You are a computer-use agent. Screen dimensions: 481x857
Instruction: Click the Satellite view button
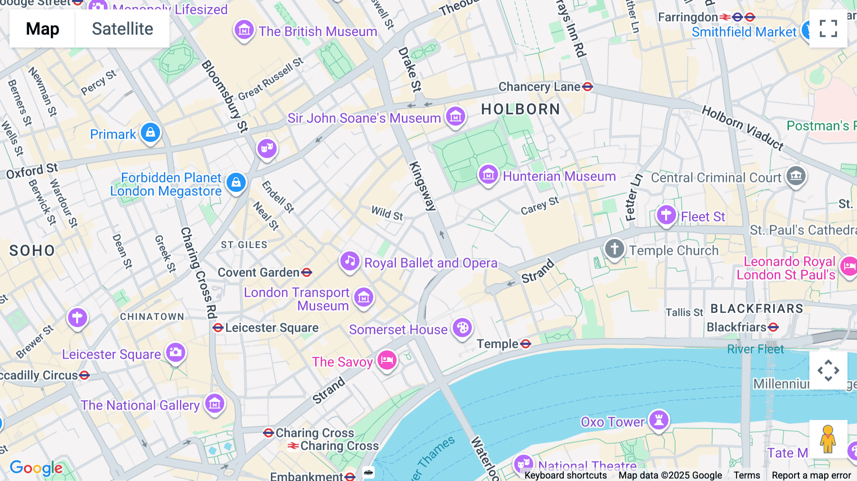click(122, 29)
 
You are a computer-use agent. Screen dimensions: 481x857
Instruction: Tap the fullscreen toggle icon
click(828, 29)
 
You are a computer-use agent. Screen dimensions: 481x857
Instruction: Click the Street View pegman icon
click(828, 439)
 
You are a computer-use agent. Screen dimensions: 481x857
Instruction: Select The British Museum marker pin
click(244, 30)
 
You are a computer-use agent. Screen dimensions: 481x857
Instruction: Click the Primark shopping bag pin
click(150, 133)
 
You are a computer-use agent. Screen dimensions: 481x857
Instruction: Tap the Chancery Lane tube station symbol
click(588, 87)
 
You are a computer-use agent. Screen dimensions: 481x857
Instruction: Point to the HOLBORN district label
click(520, 109)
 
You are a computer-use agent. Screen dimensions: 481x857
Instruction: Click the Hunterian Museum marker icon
click(488, 175)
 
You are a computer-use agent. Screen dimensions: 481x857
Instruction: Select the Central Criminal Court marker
click(796, 176)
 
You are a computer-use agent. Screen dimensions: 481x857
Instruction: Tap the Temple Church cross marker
click(614, 249)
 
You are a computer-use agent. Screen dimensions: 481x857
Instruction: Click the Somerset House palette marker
click(462, 328)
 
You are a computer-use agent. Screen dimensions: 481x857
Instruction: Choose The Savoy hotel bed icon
click(387, 361)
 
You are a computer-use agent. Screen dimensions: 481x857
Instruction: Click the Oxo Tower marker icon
click(659, 420)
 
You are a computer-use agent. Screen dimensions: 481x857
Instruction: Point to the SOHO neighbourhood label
click(32, 251)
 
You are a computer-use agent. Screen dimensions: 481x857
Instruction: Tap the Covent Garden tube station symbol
click(307, 272)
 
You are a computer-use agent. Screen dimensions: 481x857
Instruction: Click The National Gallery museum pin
click(215, 404)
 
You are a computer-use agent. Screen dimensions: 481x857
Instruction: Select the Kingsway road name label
click(423, 186)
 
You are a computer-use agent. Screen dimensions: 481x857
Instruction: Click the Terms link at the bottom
click(747, 475)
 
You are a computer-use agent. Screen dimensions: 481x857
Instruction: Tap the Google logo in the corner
click(36, 468)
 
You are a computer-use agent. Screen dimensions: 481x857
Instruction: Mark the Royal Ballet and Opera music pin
click(350, 261)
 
